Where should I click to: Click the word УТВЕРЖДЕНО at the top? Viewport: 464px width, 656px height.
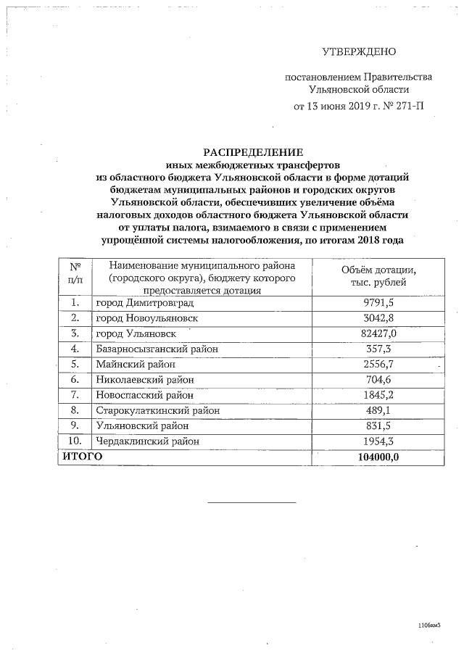coord(360,51)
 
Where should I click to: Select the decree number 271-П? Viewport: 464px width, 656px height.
coord(406,107)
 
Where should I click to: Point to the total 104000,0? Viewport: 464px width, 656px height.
coord(378,457)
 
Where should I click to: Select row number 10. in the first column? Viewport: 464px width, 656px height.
coord(75,441)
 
